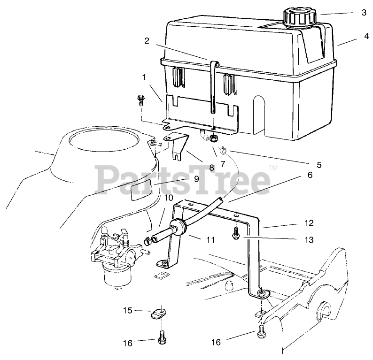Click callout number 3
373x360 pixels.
pos(364,13)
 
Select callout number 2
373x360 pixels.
pos(147,41)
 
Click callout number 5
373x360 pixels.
pos(319,165)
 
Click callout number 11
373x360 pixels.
pos(210,240)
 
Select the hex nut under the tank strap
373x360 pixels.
pos(213,138)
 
